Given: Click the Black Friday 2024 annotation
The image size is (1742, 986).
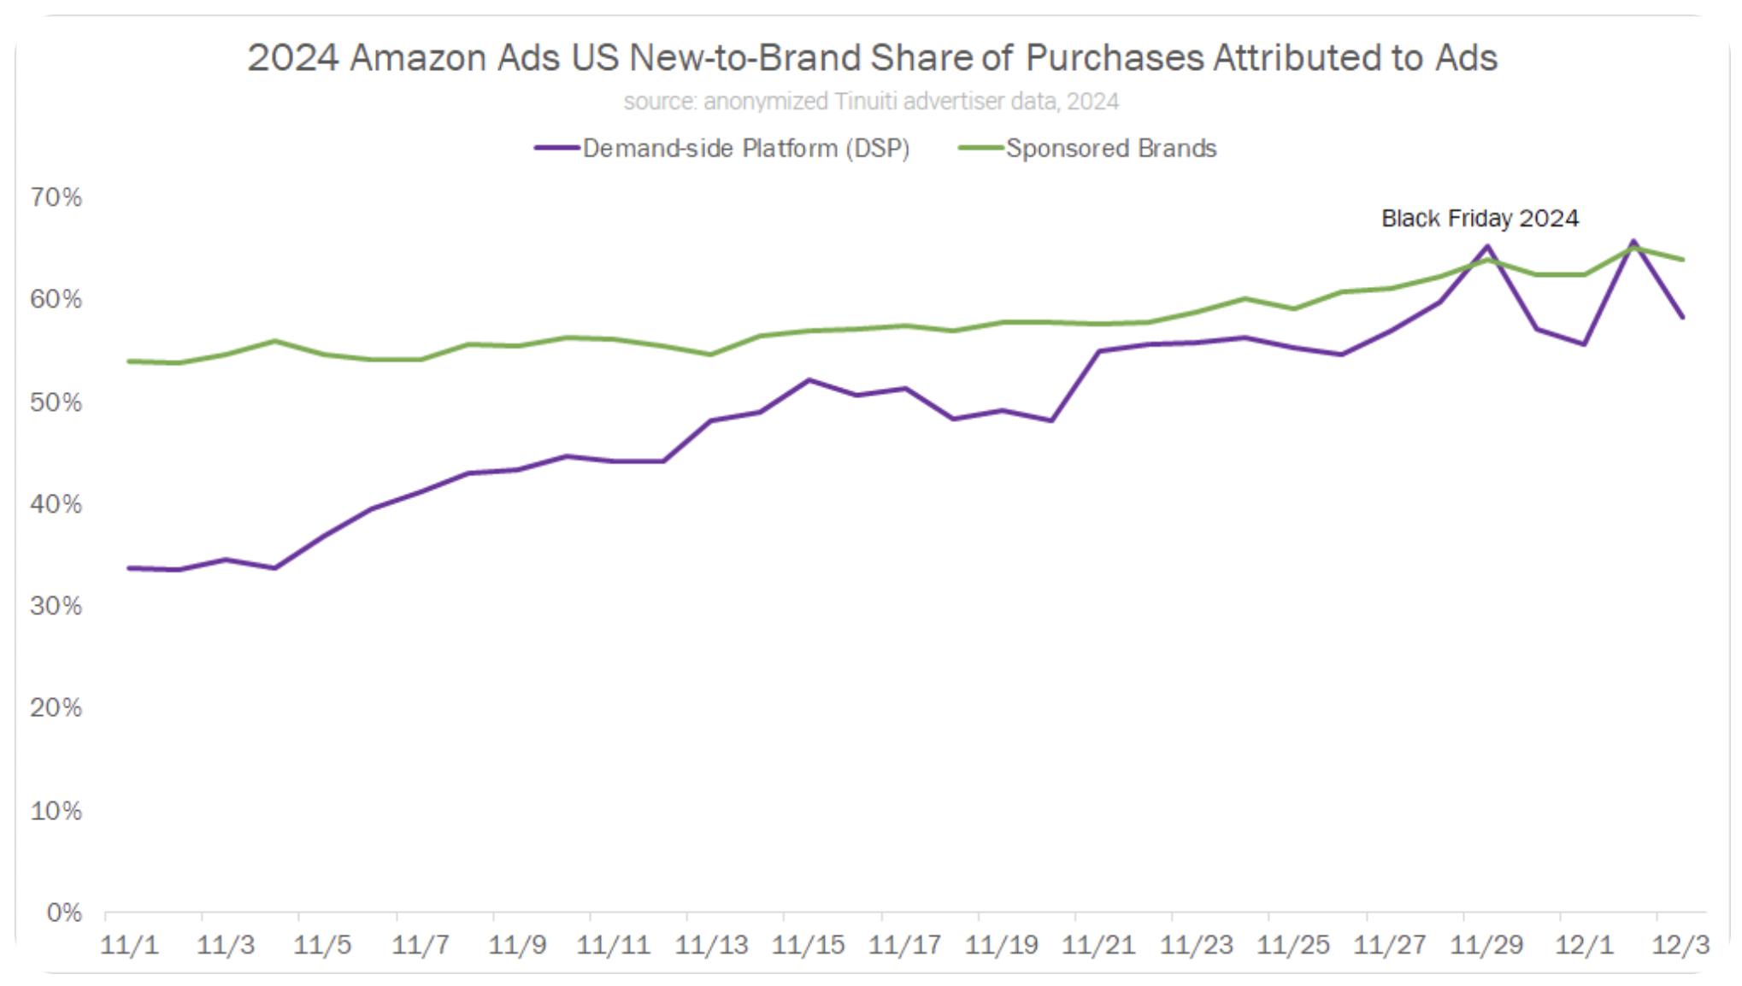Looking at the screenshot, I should [x=1480, y=219].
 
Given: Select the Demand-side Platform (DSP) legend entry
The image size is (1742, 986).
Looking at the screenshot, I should [x=745, y=149].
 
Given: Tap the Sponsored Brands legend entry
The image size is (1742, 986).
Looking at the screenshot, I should [x=1110, y=149].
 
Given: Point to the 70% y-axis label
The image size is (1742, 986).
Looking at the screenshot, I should [x=56, y=197].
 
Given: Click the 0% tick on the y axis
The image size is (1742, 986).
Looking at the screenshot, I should [x=64, y=913].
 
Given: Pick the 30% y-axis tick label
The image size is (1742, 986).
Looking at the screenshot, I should [x=56, y=606].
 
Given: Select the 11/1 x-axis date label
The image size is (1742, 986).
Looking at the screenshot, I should [x=129, y=945].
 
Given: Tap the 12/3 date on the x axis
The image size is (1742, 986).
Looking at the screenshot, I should [x=1680, y=945].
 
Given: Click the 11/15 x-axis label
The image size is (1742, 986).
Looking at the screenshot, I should [x=808, y=945].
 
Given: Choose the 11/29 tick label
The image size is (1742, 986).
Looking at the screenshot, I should [x=1487, y=945].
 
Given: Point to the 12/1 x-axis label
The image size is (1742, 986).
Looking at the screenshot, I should [x=1584, y=945].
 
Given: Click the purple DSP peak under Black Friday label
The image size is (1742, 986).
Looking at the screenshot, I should [x=1488, y=247].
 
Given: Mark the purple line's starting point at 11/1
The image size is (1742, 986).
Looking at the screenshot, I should [x=129, y=568].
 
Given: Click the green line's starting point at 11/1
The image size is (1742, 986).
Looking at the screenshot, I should [x=129, y=361].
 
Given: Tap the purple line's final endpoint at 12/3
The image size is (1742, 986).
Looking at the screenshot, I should [x=1682, y=317].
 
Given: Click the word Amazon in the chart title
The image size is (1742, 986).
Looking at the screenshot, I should [x=455, y=58].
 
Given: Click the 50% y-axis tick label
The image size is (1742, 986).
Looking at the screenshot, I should [x=56, y=402].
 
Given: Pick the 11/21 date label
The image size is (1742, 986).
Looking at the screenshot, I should [x=1098, y=945].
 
